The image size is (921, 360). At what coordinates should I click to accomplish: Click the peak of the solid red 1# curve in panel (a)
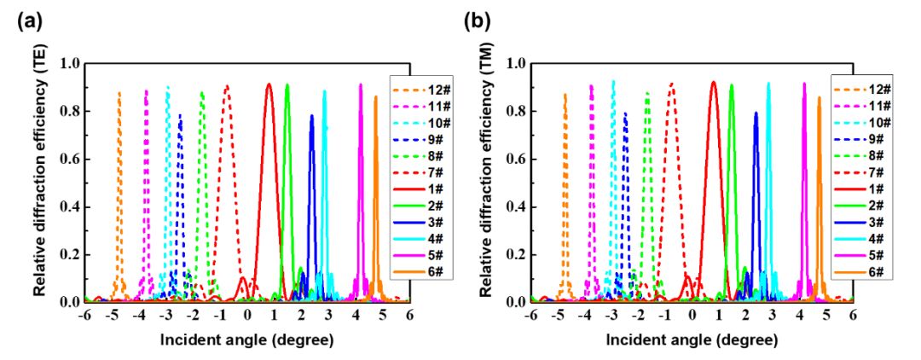pyautogui.click(x=269, y=84)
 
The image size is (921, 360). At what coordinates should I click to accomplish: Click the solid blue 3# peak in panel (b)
pyautogui.click(x=756, y=112)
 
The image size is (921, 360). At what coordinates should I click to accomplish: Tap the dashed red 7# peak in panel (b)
pyautogui.click(x=672, y=83)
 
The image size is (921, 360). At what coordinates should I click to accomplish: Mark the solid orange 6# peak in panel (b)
pyautogui.click(x=820, y=96)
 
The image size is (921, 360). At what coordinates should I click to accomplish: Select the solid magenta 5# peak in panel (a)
pyautogui.click(x=361, y=84)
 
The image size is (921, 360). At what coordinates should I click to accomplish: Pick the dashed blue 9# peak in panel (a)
pyautogui.click(x=180, y=114)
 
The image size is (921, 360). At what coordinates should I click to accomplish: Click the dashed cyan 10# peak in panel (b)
pyautogui.click(x=612, y=81)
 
